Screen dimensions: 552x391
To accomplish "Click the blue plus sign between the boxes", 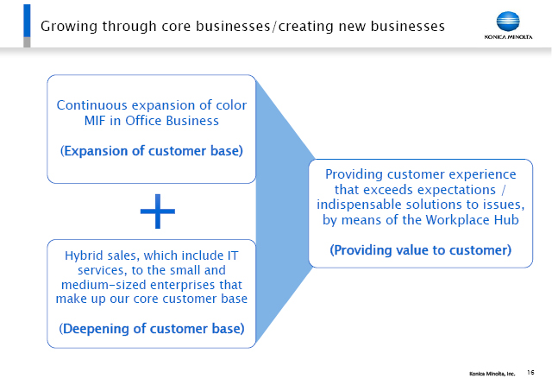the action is pyautogui.click(x=157, y=211).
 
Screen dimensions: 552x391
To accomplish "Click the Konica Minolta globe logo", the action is pyautogui.click(x=508, y=22).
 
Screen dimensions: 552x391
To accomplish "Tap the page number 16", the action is pyautogui.click(x=530, y=372).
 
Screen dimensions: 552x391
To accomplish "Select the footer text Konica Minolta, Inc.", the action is pyautogui.click(x=492, y=374).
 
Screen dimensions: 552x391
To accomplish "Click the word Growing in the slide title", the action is pyautogui.click(x=69, y=27).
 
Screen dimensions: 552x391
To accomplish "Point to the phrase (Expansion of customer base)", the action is pyautogui.click(x=152, y=151).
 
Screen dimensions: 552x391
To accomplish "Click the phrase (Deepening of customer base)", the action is pyautogui.click(x=152, y=329).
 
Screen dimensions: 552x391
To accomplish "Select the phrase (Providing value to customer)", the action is pyautogui.click(x=420, y=250).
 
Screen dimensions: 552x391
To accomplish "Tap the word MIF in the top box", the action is pyautogui.click(x=95, y=121).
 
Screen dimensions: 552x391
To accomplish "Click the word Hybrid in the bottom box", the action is pyautogui.click(x=79, y=255).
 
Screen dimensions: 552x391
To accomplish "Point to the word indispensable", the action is pyautogui.click(x=359, y=205).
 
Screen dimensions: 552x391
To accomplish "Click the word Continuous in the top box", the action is pyautogui.click(x=92, y=105).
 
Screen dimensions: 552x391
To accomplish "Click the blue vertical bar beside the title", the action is pyautogui.click(x=27, y=21).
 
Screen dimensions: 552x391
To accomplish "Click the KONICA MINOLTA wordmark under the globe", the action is pyautogui.click(x=508, y=36).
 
